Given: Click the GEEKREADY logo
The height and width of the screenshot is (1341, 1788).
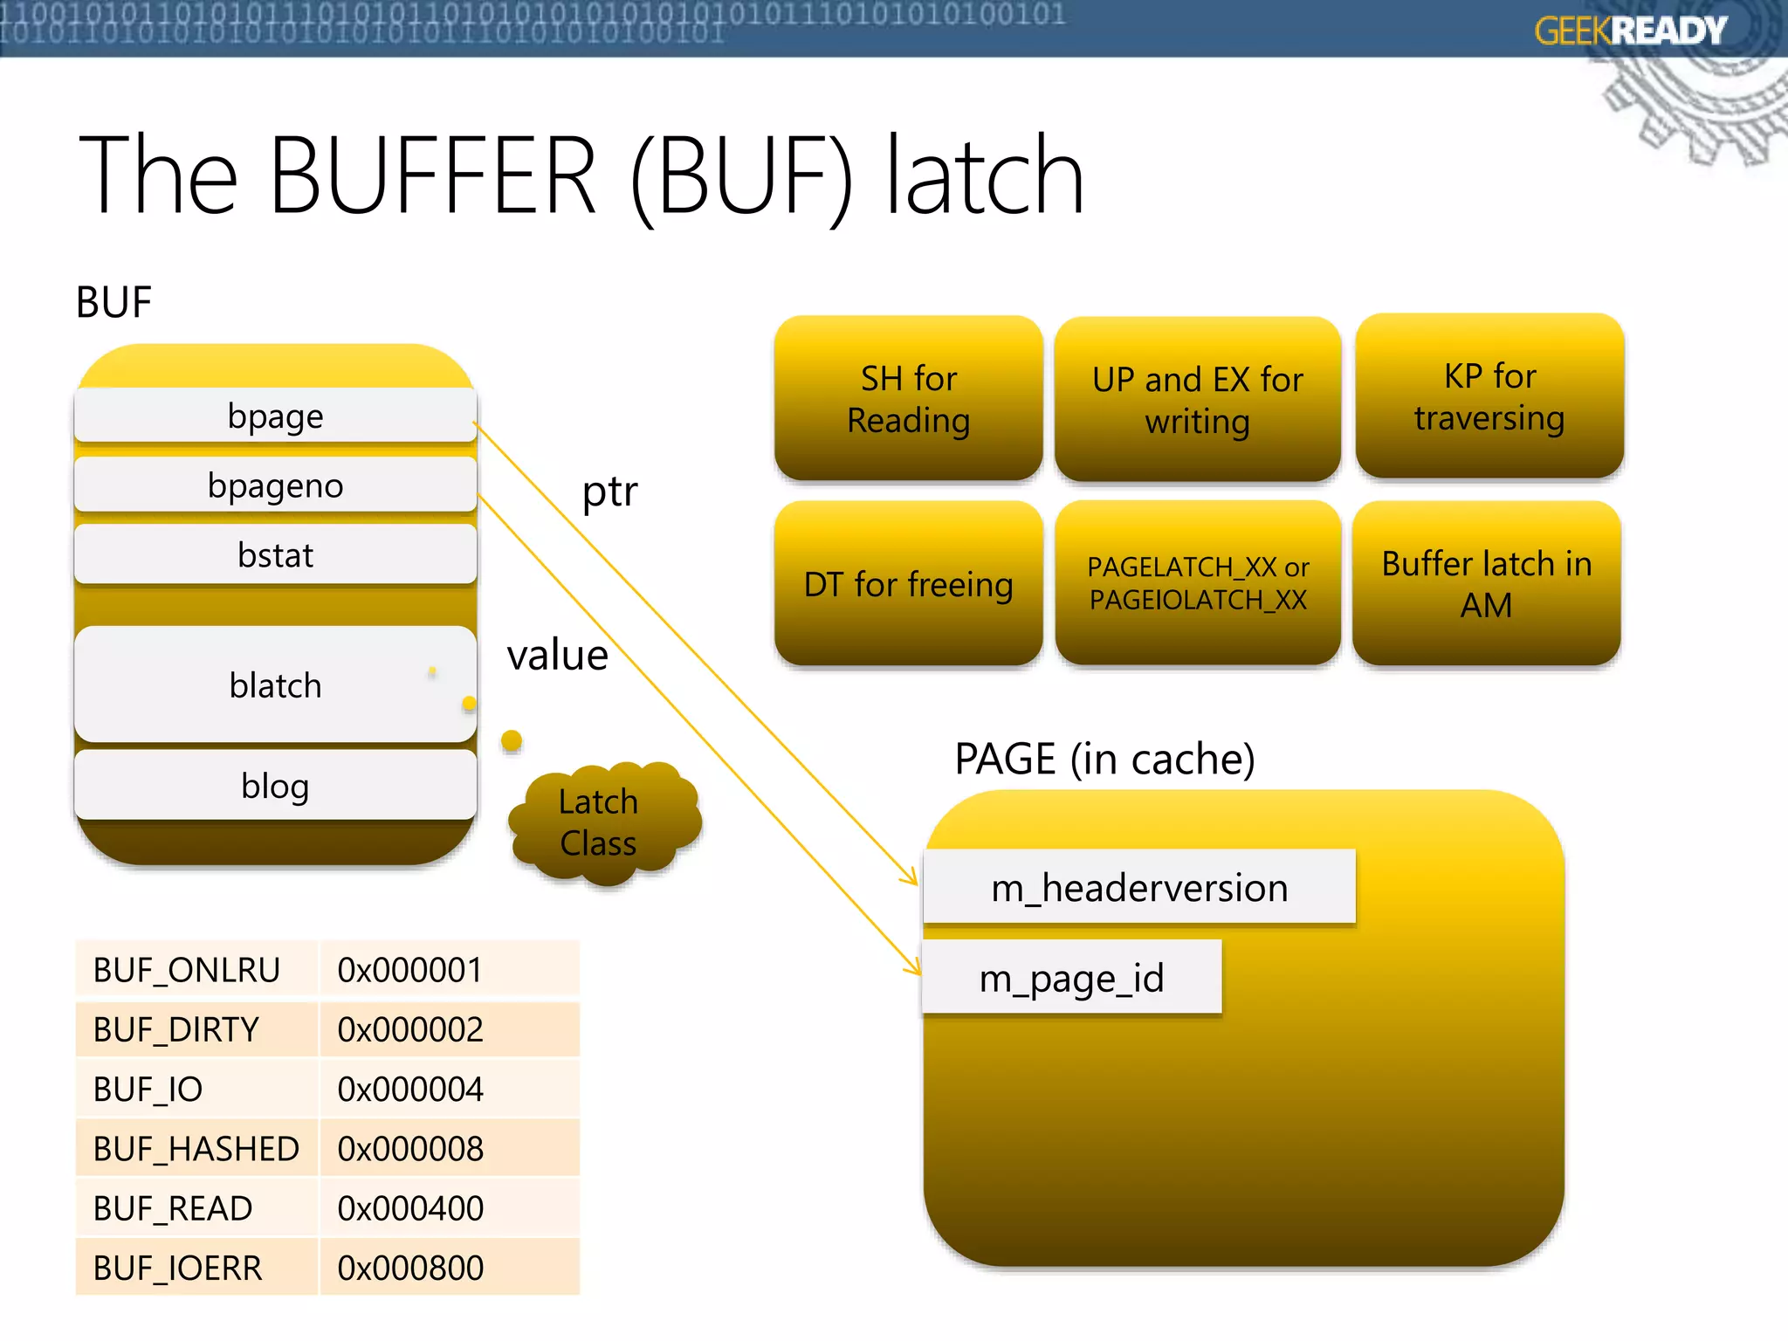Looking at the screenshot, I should tap(1630, 31).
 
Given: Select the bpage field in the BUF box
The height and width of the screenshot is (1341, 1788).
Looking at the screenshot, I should tap(275, 416).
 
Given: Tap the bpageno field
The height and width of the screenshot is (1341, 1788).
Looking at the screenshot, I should tap(275, 485).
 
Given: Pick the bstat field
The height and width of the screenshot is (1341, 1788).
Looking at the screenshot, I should tap(275, 555).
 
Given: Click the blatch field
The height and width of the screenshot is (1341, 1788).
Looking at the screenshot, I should tap(275, 685).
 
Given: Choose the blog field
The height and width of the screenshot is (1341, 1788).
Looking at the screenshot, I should tap(275, 786).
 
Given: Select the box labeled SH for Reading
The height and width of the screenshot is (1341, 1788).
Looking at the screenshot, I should tap(908, 399).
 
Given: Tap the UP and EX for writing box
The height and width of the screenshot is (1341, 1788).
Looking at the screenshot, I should tap(1197, 400).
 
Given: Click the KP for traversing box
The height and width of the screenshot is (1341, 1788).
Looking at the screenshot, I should tap(1489, 397).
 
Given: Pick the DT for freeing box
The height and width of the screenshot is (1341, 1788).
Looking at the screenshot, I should tap(908, 584).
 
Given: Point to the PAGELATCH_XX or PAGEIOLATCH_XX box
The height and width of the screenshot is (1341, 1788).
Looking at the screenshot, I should tap(1197, 583).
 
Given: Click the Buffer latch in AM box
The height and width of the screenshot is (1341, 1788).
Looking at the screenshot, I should tap(1486, 584).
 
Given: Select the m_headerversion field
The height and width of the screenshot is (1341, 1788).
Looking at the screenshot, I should tap(1139, 888).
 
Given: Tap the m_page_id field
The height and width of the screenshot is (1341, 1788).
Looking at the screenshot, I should tap(1071, 978).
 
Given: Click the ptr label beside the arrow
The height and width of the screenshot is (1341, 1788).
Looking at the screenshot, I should tap(609, 492).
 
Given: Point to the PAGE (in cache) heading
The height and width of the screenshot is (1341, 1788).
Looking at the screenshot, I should tap(1104, 758).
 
